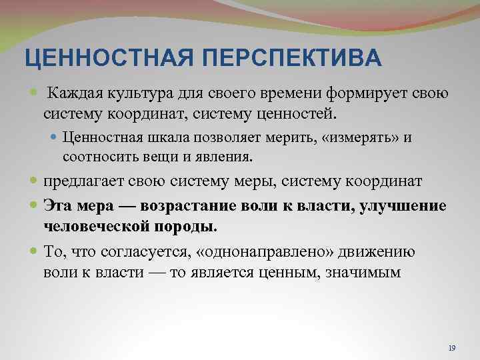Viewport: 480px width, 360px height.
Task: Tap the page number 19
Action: pos(452,349)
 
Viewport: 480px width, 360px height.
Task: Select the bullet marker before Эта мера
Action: pos(35,205)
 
